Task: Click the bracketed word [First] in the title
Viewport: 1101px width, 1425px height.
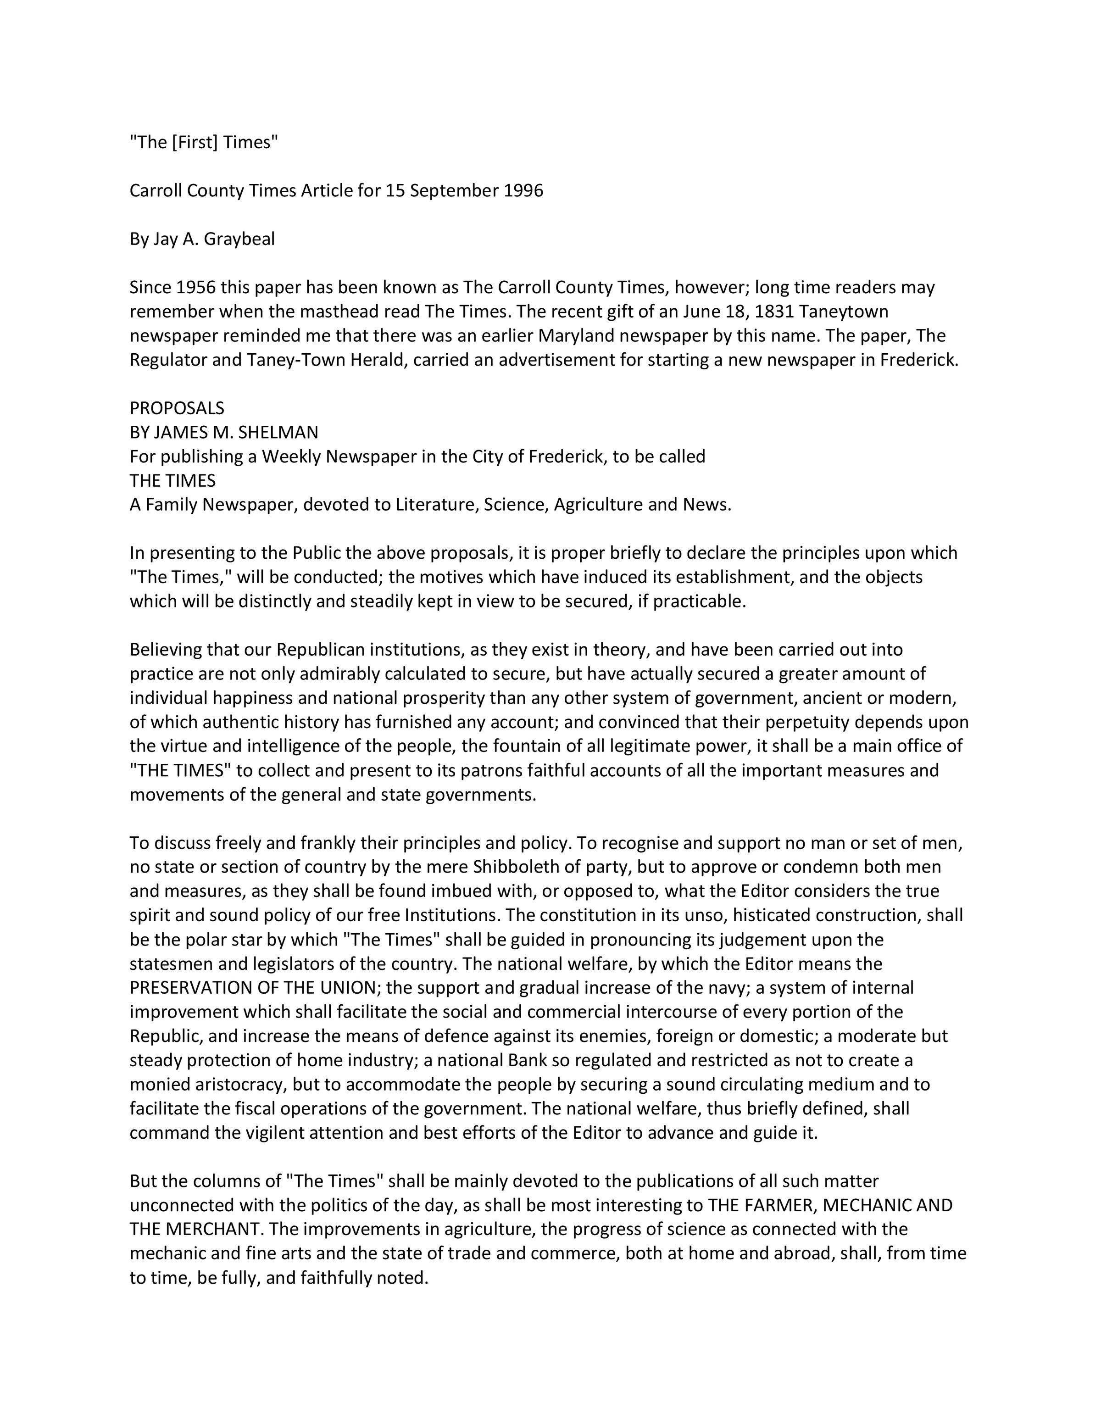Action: click(195, 142)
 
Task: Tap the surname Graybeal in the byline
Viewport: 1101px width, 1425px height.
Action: click(239, 239)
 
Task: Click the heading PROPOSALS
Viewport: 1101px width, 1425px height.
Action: click(177, 408)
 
